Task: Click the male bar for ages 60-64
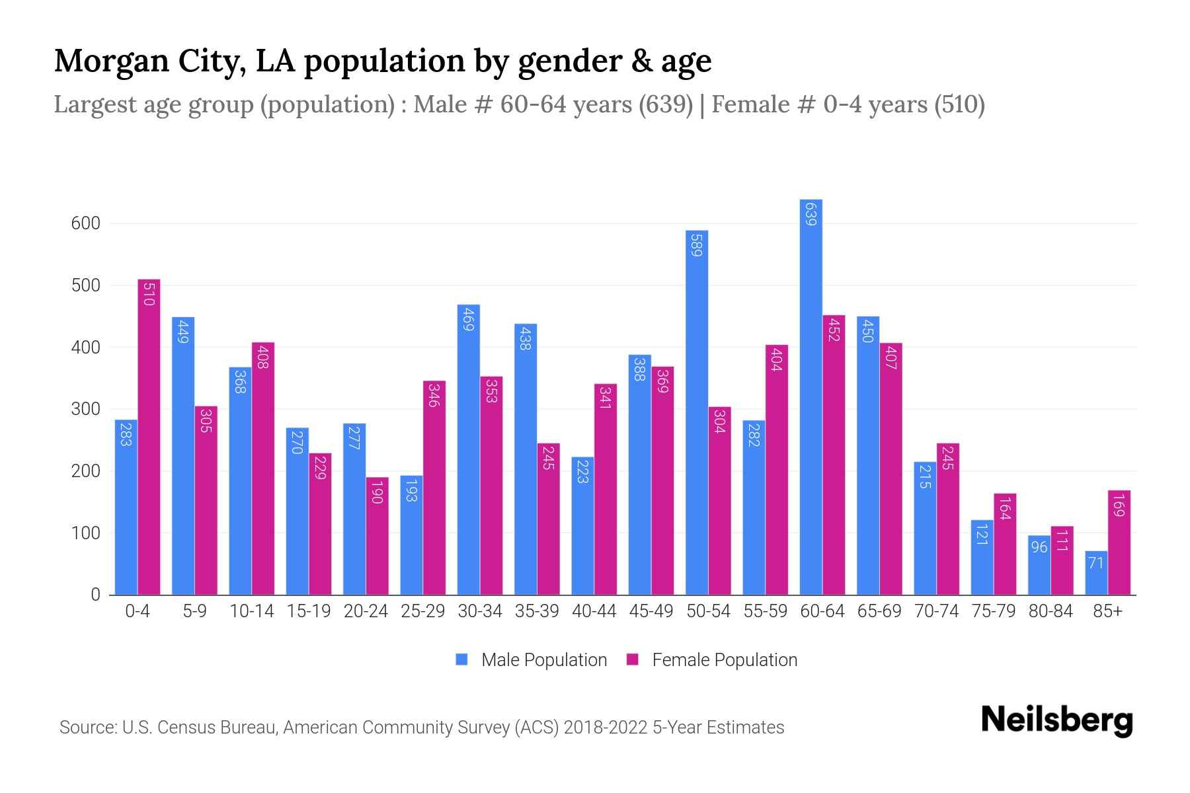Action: coord(811,397)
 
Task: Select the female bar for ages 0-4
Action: coord(149,436)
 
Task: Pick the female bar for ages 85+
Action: coord(1119,542)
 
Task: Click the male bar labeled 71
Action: coord(1096,573)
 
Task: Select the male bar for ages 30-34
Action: coord(469,449)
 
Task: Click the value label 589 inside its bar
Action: coord(697,245)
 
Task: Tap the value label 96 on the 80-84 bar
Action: coord(1039,547)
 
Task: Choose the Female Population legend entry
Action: coord(712,660)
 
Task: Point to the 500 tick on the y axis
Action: coord(86,285)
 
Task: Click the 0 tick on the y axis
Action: coord(95,595)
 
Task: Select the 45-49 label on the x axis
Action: coord(651,611)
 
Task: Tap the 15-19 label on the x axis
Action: coord(309,611)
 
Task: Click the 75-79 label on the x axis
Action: coord(994,611)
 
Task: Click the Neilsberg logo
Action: coord(1056,720)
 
